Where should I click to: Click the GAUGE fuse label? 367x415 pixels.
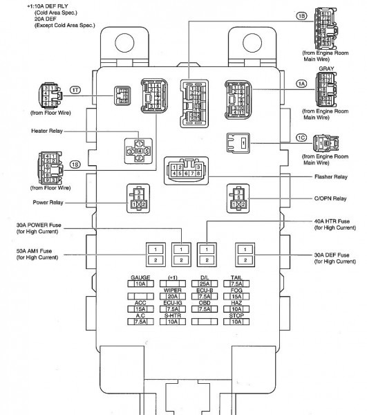pos(140,277)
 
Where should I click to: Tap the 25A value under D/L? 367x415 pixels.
pos(204,284)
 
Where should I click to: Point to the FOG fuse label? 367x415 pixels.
pos(236,290)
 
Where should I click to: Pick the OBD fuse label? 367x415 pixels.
pos(204,303)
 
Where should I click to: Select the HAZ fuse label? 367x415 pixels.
pos(236,303)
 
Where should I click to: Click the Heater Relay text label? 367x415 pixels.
pos(48,130)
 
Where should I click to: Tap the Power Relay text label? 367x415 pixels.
pos(48,203)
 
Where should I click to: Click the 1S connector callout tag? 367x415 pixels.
pos(73,165)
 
